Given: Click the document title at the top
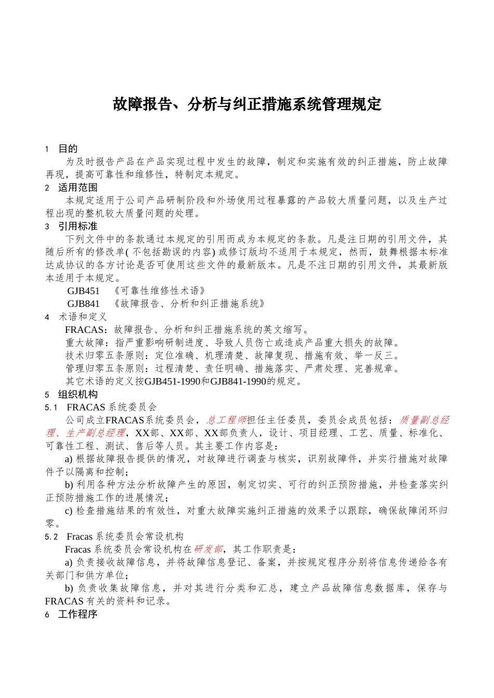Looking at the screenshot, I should tap(247, 104).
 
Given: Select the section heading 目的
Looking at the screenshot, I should tap(68, 149).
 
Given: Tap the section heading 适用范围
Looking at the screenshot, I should tap(77, 187).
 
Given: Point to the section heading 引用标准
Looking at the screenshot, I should tap(77, 226).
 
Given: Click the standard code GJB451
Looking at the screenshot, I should tap(83, 291).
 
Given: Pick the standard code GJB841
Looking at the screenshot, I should tap(83, 304).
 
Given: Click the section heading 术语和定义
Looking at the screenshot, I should tap(82, 317).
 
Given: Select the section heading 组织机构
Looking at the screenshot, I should tap(77, 395).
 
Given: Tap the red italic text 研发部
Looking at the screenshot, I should tap(209, 549).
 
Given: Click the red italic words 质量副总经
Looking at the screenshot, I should tap(424, 420).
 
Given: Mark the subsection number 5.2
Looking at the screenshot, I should tap(51, 536).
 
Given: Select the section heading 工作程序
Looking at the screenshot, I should tap(77, 614).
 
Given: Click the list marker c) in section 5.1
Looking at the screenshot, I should tap(69, 511).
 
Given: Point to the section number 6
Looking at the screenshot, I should tap(47, 614).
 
